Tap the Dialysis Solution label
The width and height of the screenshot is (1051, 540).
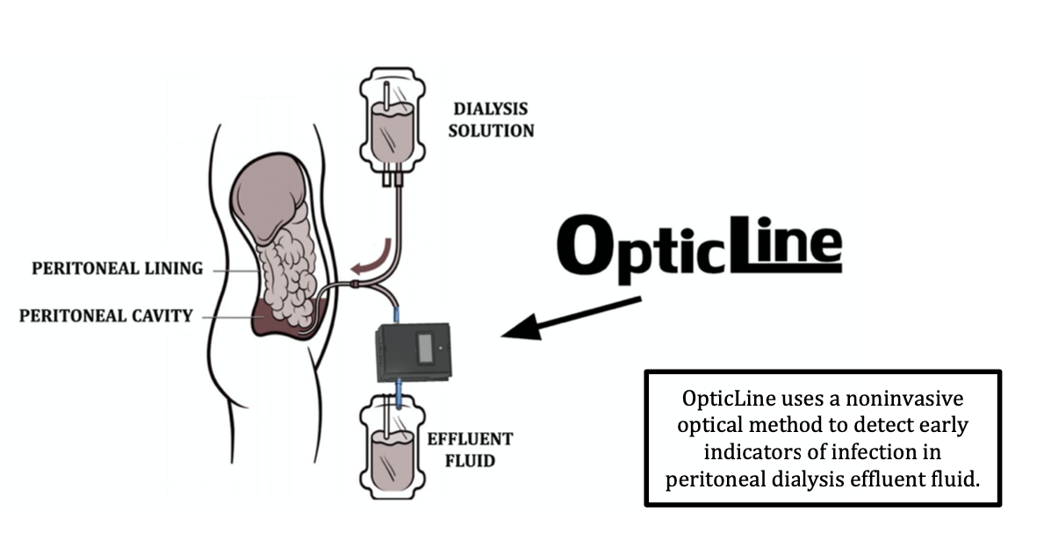(x=491, y=120)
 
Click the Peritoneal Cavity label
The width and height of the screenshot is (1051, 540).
(x=105, y=314)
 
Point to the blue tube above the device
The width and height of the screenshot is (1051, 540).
(x=396, y=310)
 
